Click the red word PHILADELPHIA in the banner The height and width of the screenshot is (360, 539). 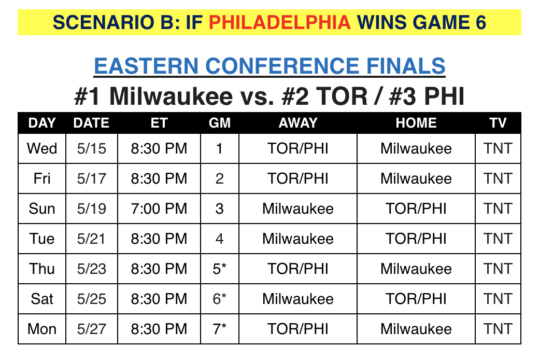(x=279, y=23)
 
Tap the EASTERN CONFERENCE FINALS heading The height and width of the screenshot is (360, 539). (x=269, y=66)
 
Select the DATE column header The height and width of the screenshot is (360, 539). (x=91, y=123)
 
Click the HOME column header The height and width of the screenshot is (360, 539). (x=416, y=123)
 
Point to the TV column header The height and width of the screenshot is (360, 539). (x=498, y=123)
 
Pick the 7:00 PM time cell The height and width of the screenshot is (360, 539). (x=159, y=209)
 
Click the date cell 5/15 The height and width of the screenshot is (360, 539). (x=91, y=149)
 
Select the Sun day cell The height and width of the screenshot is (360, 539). (x=42, y=209)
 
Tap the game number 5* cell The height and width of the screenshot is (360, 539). (x=219, y=269)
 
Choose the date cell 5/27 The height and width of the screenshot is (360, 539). (x=91, y=329)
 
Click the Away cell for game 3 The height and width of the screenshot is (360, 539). (x=297, y=209)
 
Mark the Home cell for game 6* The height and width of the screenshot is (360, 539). (x=416, y=299)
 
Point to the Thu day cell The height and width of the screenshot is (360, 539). (x=42, y=269)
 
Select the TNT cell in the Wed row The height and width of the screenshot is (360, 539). (x=498, y=149)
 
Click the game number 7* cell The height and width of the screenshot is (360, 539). (x=219, y=329)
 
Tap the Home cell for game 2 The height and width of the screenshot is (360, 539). (x=416, y=178)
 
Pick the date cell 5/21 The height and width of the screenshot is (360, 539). (x=91, y=239)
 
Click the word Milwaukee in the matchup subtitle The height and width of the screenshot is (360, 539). (x=171, y=96)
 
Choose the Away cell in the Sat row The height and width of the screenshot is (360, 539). (x=297, y=299)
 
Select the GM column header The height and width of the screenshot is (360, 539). (x=220, y=123)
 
